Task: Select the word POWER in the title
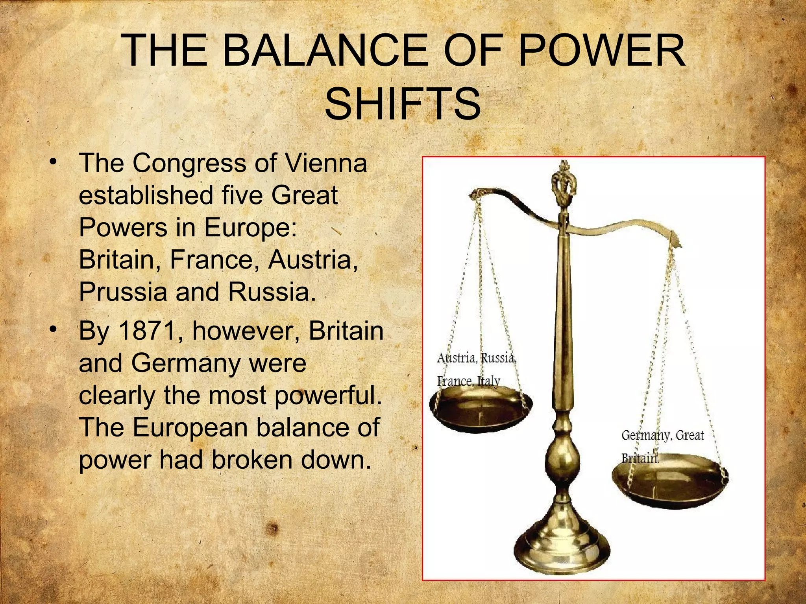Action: (601, 51)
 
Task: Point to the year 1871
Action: (146, 331)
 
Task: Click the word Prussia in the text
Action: (123, 292)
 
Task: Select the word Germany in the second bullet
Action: (185, 363)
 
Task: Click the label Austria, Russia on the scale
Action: (476, 358)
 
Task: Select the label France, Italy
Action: (468, 381)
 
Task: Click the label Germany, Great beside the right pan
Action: (662, 435)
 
